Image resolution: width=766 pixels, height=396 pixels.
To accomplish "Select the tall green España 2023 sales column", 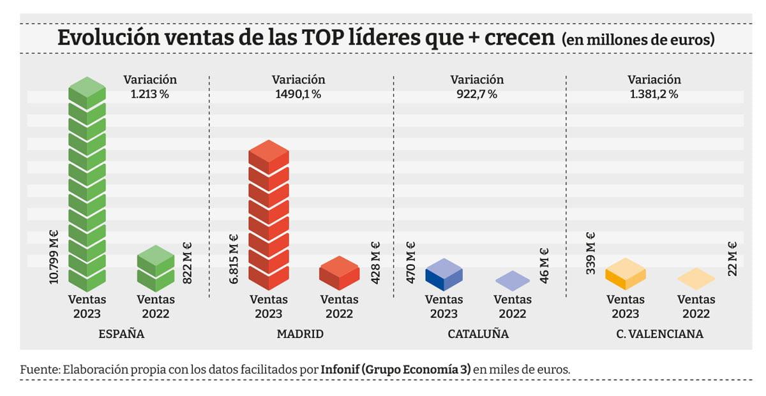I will [x=87, y=185].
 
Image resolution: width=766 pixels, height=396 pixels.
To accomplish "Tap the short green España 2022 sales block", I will [x=156, y=268].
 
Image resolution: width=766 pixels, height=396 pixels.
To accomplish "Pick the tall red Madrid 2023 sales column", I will [x=268, y=217].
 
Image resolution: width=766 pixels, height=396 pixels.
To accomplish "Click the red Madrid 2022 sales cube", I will [x=339, y=273].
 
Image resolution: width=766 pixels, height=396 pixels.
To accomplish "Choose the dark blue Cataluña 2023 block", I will [x=443, y=275].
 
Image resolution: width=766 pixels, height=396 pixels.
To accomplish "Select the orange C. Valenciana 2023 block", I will [x=626, y=274].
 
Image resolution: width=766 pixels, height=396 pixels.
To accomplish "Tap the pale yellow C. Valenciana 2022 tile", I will [x=696, y=279].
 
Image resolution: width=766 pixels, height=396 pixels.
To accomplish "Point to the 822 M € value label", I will [x=188, y=262].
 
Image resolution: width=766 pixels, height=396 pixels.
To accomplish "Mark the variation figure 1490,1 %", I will [x=298, y=94].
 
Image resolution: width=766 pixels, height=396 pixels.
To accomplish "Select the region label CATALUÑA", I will [x=478, y=334].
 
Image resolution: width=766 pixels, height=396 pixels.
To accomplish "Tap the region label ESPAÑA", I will [x=121, y=334].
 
